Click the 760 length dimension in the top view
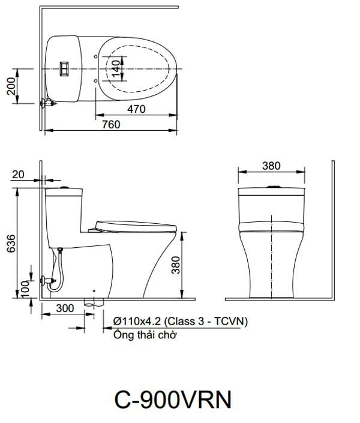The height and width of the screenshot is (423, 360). pos(110,124)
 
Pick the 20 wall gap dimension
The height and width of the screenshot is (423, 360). pos(18,174)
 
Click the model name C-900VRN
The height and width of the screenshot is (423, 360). pos(172,398)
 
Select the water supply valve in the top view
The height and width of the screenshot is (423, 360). pos(47,103)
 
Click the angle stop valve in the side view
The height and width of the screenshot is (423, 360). pos(46,280)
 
